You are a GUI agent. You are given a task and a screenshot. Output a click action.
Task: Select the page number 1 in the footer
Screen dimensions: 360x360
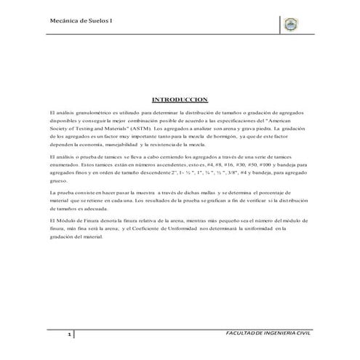(69, 335)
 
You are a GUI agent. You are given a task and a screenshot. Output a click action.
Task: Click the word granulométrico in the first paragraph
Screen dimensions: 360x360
(82, 114)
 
